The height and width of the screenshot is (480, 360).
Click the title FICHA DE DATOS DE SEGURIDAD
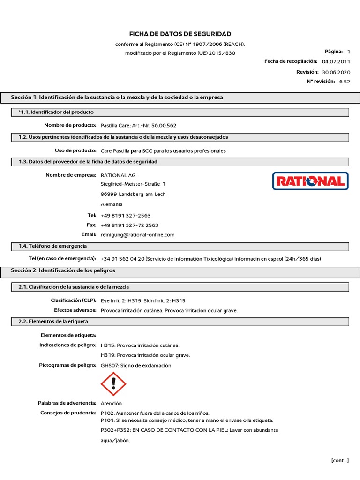180,34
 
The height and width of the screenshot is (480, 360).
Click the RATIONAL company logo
310,181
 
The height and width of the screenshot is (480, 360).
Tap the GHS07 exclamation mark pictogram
113,384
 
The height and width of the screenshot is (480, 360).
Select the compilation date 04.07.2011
336,61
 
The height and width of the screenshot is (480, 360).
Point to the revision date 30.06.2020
336,72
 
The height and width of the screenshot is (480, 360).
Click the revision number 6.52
344,82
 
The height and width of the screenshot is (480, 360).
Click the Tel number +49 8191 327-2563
126,215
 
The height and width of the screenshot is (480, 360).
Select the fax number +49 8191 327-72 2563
129,225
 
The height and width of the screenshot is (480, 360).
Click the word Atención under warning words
111,403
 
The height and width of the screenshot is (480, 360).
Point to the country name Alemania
112,204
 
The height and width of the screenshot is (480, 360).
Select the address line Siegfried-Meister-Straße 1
133,184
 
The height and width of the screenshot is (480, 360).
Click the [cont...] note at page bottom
339,460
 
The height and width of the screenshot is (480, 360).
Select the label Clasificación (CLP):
73,300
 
